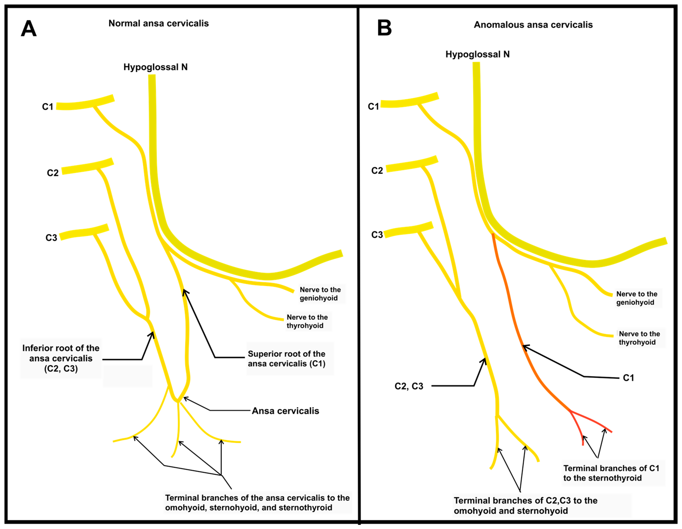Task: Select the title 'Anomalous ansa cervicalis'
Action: [533, 25]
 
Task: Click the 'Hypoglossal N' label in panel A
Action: [155, 67]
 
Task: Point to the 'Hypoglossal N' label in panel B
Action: [477, 54]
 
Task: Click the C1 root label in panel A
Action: [47, 107]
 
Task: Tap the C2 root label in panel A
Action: [53, 173]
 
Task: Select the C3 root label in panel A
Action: [51, 238]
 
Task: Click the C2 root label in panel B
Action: [377, 171]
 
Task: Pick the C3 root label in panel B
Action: [377, 235]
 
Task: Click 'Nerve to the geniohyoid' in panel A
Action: [320, 294]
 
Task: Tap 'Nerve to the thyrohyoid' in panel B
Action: [639, 338]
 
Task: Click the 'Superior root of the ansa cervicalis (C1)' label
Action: [286, 359]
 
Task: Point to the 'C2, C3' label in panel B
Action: [409, 386]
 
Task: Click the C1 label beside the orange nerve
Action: [628, 378]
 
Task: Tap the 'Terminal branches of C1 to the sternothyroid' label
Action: [611, 473]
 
